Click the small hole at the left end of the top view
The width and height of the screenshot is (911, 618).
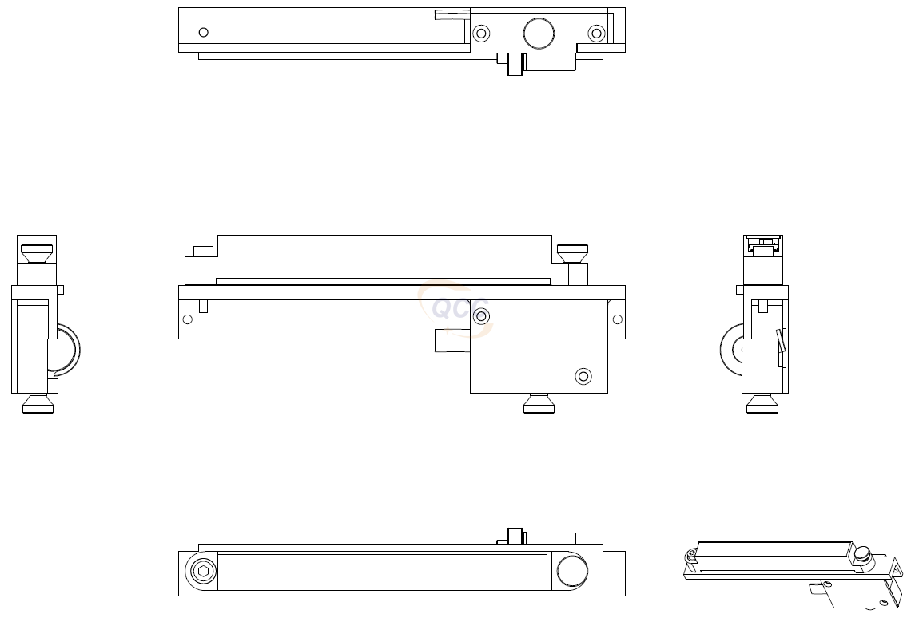pyautogui.click(x=203, y=32)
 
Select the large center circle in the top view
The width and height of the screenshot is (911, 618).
pyautogui.click(x=539, y=34)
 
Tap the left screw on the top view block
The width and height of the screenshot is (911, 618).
pyautogui.click(x=481, y=34)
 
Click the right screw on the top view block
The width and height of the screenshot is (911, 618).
pyautogui.click(x=596, y=34)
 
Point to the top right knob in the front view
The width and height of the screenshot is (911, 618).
pyautogui.click(x=572, y=253)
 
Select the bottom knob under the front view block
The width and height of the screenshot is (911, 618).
pyautogui.click(x=539, y=403)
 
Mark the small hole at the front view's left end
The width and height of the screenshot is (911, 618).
pyautogui.click(x=187, y=319)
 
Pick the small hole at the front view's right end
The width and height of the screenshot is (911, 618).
pyautogui.click(x=617, y=319)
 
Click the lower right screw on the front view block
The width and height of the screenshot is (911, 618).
pyautogui.click(x=583, y=376)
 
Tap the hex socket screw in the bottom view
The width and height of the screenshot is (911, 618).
pyautogui.click(x=203, y=571)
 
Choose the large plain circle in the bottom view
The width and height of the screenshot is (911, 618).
pyautogui.click(x=571, y=571)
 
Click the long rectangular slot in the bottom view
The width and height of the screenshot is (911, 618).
pyautogui.click(x=382, y=571)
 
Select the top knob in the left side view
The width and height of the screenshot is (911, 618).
pyautogui.click(x=37, y=253)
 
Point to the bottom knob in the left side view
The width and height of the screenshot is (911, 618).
pyautogui.click(x=38, y=403)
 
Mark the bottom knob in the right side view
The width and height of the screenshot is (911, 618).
pyautogui.click(x=762, y=403)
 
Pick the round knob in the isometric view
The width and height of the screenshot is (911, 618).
pyautogui.click(x=861, y=553)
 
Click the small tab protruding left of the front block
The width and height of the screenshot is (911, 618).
pyautogui.click(x=452, y=340)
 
